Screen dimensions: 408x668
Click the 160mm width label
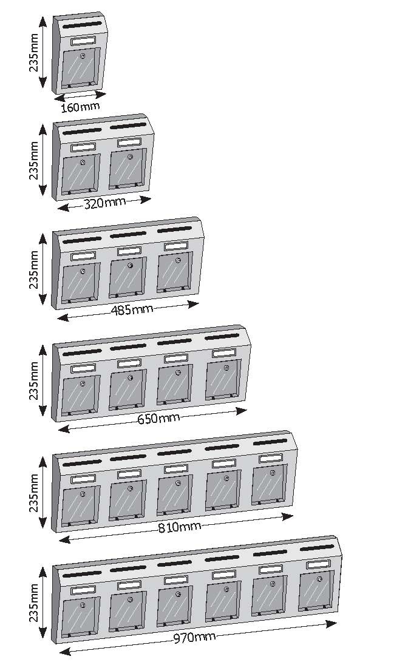tap(80, 107)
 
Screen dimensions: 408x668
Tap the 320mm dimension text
tap(105, 203)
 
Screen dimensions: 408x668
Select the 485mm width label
tap(132, 309)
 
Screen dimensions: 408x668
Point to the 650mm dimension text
tap(158, 419)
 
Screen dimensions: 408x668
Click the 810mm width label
tap(180, 527)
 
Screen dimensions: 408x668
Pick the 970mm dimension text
tap(194, 637)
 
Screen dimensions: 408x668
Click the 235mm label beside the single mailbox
tap(34, 52)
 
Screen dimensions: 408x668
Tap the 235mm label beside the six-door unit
tap(34, 603)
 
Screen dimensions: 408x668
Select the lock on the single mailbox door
tap(83, 56)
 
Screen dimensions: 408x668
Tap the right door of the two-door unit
tap(127, 169)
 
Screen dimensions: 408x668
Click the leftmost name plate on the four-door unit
tap(83, 368)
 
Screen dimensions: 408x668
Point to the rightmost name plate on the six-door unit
tap(318, 564)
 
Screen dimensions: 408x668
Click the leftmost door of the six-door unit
tap(81, 617)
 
